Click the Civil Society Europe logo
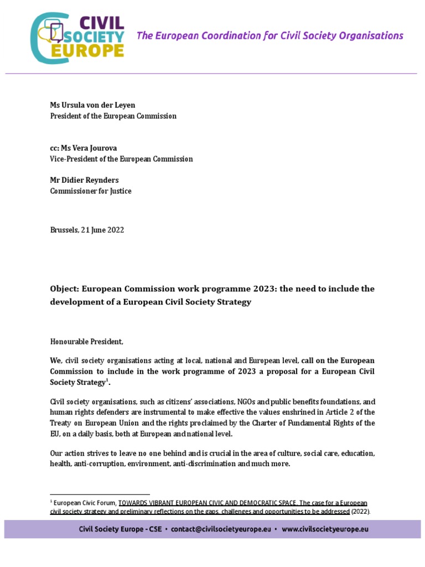click(78, 37)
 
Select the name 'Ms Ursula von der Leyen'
click(92, 105)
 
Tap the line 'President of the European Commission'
click(113, 116)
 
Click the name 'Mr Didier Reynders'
click(85, 180)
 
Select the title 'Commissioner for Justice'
click(91, 191)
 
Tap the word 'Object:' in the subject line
click(65, 289)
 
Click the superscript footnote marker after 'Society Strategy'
click(107, 380)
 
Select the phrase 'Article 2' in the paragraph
click(337, 413)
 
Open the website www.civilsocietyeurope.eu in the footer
click(325, 529)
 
